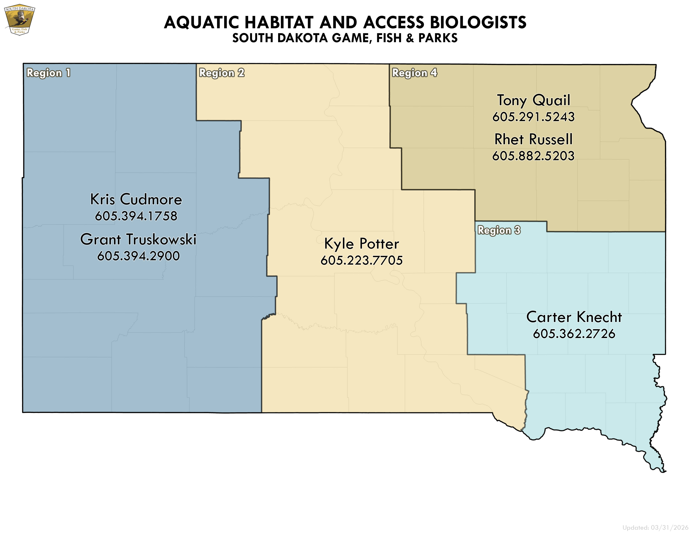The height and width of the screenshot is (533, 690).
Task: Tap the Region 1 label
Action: click(x=48, y=73)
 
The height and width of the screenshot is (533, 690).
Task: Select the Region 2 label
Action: click(x=221, y=73)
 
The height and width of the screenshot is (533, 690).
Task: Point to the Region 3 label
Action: click(x=499, y=230)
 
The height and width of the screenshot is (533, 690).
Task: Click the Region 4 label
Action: click(x=414, y=73)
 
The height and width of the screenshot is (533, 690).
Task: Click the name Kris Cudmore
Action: click(x=136, y=199)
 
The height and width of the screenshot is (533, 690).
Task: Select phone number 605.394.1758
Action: click(x=136, y=216)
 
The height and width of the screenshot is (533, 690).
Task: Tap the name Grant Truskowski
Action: click(x=138, y=239)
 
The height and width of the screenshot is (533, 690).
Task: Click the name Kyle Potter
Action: click(x=362, y=244)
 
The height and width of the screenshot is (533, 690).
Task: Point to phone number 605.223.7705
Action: click(x=362, y=260)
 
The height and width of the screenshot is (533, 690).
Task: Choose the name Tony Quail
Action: click(x=534, y=100)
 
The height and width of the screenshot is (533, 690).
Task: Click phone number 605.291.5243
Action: click(x=534, y=117)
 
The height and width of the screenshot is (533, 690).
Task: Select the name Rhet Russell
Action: click(x=533, y=139)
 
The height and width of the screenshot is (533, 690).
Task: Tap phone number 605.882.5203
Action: click(x=533, y=156)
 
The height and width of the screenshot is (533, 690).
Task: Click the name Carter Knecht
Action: click(x=574, y=317)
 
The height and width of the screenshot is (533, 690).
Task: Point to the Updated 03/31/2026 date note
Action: click(x=655, y=528)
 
